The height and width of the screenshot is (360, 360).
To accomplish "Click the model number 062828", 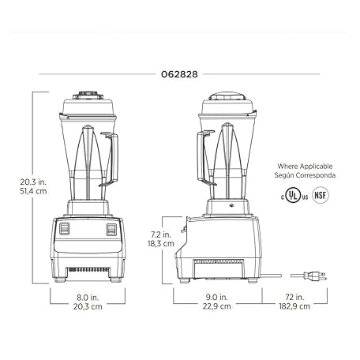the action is (x=179, y=74).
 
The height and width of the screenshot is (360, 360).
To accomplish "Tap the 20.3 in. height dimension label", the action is (x=33, y=182).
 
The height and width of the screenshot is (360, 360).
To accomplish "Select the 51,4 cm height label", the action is (x=33, y=191).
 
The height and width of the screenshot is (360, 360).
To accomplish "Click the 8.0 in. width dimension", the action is (x=88, y=298).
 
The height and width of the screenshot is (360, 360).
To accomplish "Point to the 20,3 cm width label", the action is (x=88, y=306).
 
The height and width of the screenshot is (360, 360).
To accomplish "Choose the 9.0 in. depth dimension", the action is (x=216, y=297).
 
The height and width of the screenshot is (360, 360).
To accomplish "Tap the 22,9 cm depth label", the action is (x=216, y=306).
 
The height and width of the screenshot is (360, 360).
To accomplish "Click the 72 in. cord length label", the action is (x=294, y=297).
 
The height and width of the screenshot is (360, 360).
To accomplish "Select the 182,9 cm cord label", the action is (x=294, y=306).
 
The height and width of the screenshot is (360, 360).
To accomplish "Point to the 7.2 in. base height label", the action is (x=161, y=234).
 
